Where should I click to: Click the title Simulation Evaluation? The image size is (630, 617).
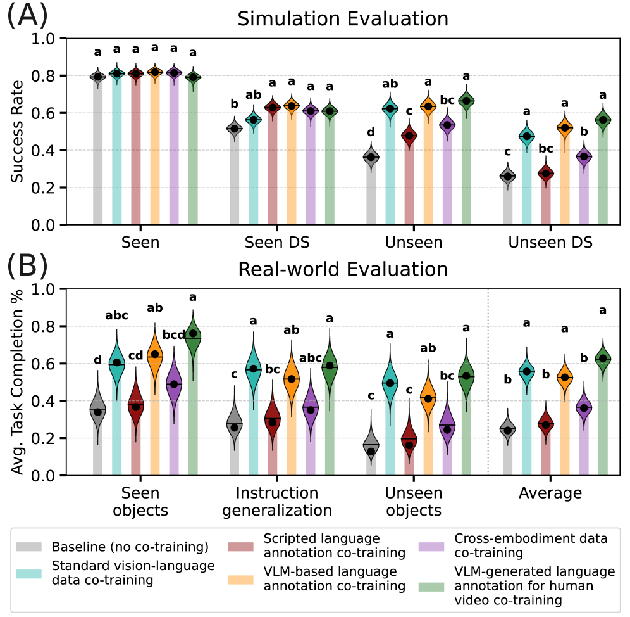coord(343,19)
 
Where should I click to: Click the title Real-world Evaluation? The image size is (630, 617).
coord(343,269)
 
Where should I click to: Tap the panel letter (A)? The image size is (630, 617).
coord(26,14)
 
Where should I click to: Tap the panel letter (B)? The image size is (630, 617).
coord(26,266)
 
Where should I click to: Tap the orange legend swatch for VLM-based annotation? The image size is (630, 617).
coord(243,578)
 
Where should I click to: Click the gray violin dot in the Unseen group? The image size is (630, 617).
coord(371,156)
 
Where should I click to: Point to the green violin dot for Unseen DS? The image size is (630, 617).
coord(603,120)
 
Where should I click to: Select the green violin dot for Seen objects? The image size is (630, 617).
coord(193,334)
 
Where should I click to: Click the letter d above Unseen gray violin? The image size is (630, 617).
coord(371,132)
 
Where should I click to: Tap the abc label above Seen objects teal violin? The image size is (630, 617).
coord(116,315)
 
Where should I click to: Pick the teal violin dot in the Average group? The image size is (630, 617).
coord(526,371)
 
